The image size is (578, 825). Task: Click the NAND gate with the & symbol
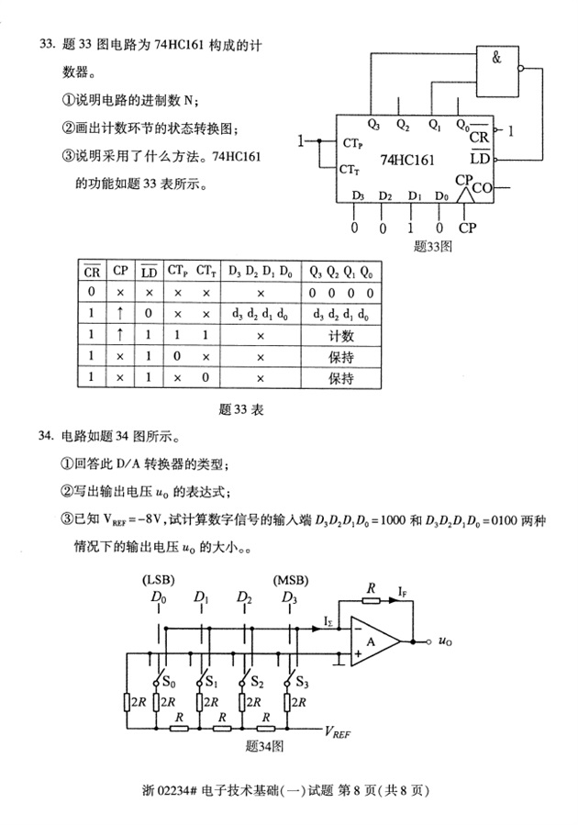496,67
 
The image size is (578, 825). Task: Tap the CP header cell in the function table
121,272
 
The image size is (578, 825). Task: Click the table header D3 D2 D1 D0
261,272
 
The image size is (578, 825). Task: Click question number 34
46,436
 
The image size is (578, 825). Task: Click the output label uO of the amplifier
443,641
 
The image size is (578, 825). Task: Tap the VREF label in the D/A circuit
339,732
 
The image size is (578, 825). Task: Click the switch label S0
166,683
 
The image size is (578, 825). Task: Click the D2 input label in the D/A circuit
243,599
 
